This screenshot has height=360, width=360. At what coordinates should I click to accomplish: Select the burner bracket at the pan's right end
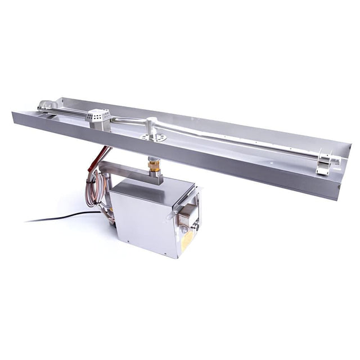pos(324,165)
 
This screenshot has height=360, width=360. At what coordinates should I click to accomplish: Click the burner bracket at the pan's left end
pos(48,106)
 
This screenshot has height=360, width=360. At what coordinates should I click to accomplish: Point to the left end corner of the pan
pos(13,115)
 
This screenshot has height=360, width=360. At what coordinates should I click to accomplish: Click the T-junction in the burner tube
pos(152,122)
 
